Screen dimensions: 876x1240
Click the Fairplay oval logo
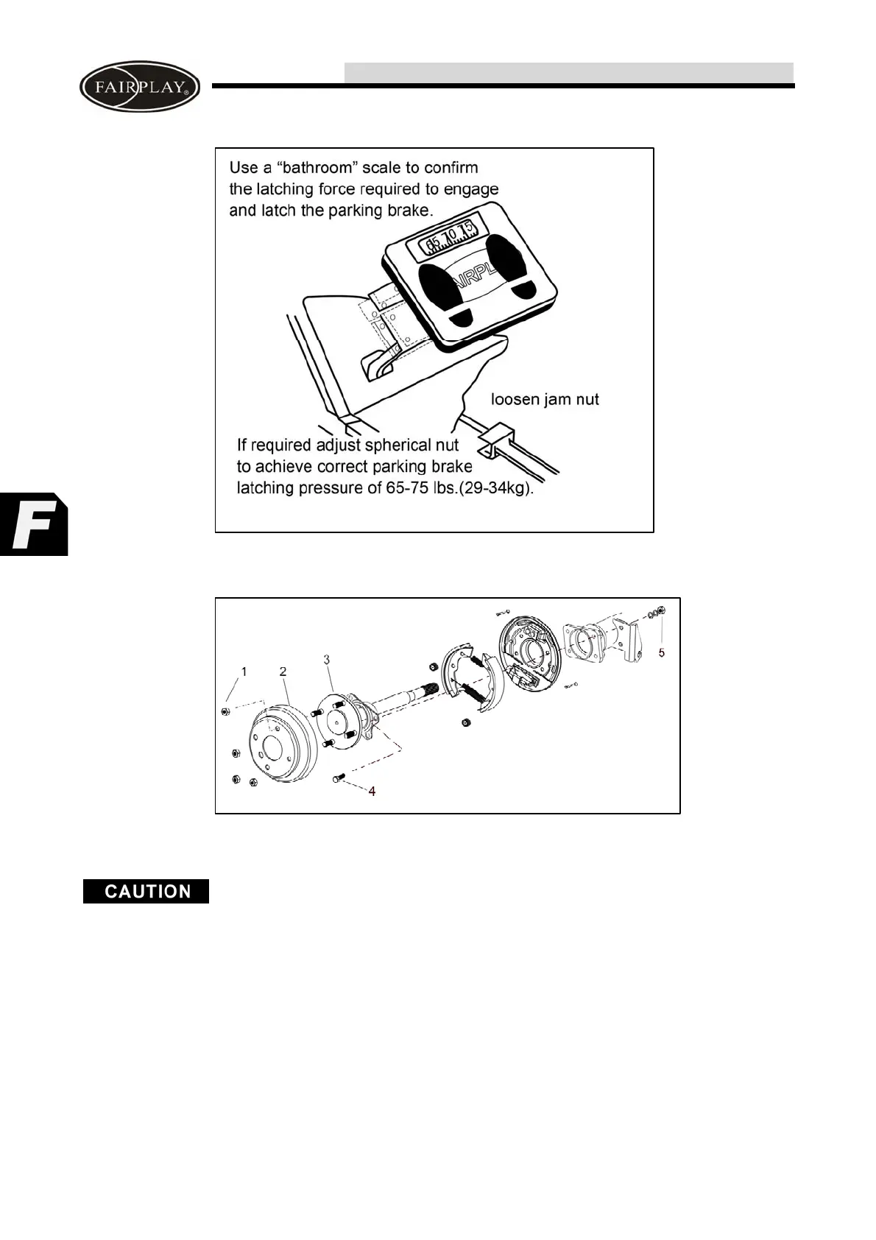(140, 86)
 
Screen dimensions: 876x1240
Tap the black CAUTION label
(146, 891)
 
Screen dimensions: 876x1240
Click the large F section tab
(33, 524)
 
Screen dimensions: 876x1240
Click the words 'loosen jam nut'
(545, 400)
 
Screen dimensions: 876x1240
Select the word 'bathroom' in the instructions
(318, 168)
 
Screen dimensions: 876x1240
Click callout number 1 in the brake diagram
(244, 672)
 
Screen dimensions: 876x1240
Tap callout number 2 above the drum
(283, 672)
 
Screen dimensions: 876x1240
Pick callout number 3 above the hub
(327, 660)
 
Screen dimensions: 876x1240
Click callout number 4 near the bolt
(372, 791)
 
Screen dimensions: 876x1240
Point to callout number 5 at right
(661, 653)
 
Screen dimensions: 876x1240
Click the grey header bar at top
(568, 73)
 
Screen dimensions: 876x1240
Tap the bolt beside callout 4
(339, 778)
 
